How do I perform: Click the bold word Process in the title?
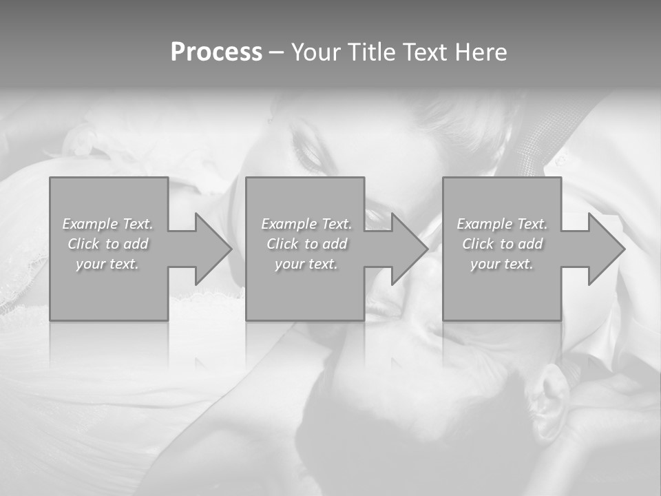click(x=216, y=52)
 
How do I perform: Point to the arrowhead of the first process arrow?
click(x=213, y=249)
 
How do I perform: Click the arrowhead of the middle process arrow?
click(x=409, y=249)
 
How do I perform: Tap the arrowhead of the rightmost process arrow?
click(x=606, y=249)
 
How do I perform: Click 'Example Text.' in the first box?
click(x=107, y=224)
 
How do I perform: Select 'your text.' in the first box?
click(x=107, y=264)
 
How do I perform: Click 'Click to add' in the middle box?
click(x=306, y=244)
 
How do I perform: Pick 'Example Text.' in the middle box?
click(x=306, y=224)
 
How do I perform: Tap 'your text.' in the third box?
click(x=502, y=264)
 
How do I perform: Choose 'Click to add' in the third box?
click(x=502, y=244)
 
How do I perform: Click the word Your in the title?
click(x=315, y=52)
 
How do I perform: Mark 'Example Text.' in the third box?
click(x=502, y=224)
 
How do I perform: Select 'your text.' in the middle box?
click(x=306, y=264)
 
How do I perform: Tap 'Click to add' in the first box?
click(x=107, y=244)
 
